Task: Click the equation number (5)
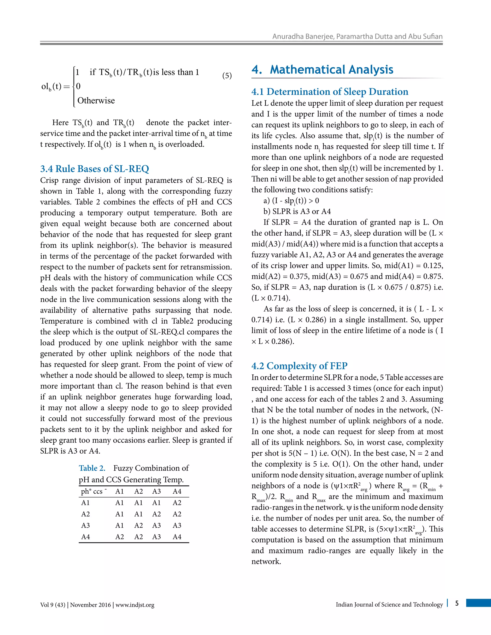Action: pyautogui.click(x=227, y=76)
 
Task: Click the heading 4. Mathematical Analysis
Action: pyautogui.click(x=322, y=70)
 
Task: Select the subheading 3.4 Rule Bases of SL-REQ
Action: pyautogui.click(x=94, y=169)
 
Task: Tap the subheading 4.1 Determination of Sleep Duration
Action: pyautogui.click(x=330, y=92)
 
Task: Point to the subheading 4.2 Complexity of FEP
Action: pyautogui.click(x=299, y=366)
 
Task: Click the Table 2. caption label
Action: pyautogui.click(x=92, y=468)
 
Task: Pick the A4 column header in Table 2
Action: pyautogui.click(x=177, y=491)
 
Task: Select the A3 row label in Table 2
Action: pyautogui.click(x=86, y=525)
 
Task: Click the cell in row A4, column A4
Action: pyautogui.click(x=177, y=537)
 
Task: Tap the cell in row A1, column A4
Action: pyautogui.click(x=177, y=503)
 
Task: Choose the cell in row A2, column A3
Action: pyautogui.click(x=157, y=514)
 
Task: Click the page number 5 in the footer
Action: pyautogui.click(x=457, y=603)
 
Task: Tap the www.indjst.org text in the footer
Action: pyautogui.click(x=135, y=605)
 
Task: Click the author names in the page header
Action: pyautogui.click(x=357, y=37)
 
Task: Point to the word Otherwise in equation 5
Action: pyautogui.click(x=96, y=101)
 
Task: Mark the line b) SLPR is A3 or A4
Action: pyautogui.click(x=297, y=211)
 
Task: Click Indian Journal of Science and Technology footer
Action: pyautogui.click(x=389, y=605)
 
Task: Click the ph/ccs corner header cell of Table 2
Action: pyautogui.click(x=94, y=491)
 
